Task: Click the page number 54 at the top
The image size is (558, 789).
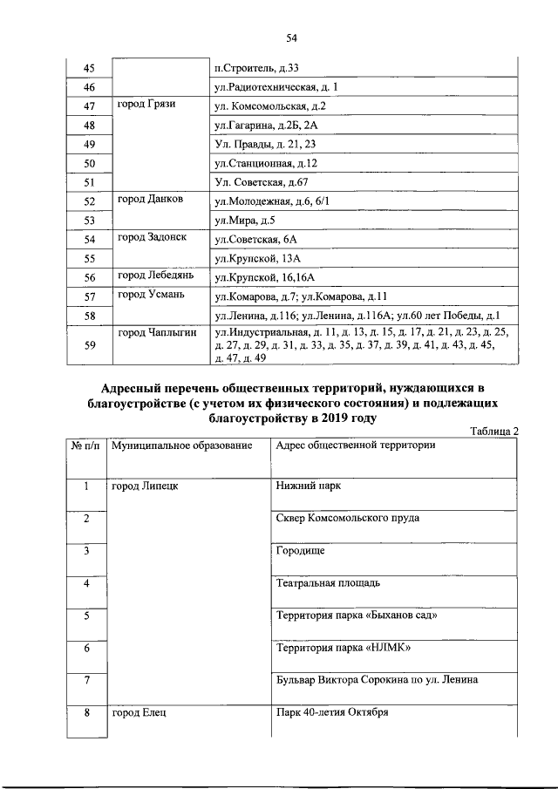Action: tap(292, 37)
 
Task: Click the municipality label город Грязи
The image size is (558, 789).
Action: tap(146, 105)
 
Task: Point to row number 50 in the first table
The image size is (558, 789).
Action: tap(88, 163)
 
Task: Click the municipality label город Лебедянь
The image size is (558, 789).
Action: tap(154, 276)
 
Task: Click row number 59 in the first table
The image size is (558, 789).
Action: tap(88, 345)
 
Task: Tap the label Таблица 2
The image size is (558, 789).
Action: tap(493, 431)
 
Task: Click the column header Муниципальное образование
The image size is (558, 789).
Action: tap(181, 446)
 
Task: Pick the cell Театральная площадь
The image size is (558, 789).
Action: tap(327, 582)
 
